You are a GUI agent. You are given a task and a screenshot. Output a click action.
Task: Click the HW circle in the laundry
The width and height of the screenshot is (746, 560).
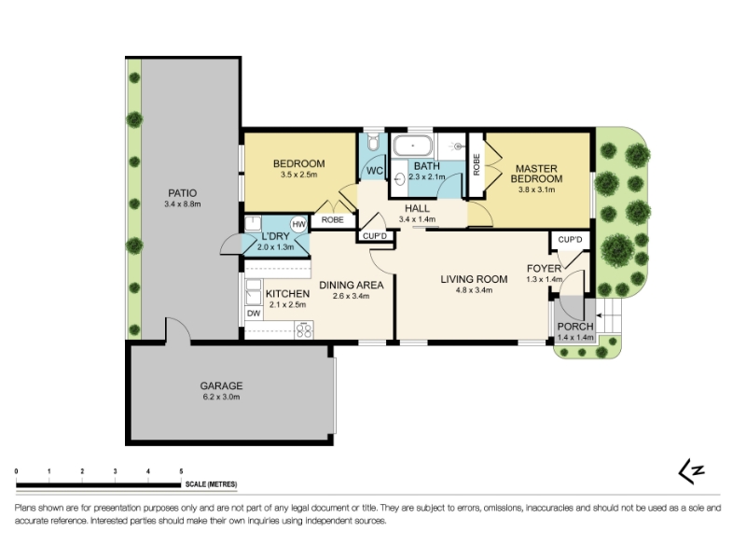[298, 224]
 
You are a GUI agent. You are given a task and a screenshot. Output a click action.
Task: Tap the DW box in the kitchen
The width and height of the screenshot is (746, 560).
[254, 314]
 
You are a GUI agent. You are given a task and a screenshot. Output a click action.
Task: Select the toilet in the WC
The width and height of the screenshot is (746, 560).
[373, 142]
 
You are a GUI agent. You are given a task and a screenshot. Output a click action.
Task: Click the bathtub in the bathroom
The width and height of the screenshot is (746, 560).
[412, 146]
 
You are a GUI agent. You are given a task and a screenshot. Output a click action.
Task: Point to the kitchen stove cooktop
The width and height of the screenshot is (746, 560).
[304, 330]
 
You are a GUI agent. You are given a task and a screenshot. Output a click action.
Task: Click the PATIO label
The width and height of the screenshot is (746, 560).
[182, 193]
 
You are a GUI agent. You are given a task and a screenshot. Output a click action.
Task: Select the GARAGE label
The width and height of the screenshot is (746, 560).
[221, 385]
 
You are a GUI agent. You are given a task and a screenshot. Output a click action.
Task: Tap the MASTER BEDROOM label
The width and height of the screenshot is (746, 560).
[537, 174]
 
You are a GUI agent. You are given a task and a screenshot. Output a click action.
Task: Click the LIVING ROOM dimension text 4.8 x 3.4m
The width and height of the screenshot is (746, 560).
[474, 290]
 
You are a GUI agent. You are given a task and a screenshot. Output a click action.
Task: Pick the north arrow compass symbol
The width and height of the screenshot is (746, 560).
[691, 471]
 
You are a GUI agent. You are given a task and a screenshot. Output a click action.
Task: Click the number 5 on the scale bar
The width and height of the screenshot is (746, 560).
[181, 471]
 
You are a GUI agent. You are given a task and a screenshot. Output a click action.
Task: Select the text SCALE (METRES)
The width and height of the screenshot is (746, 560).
[212, 484]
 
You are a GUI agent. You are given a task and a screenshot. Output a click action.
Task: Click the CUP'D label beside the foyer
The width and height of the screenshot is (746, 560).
[570, 239]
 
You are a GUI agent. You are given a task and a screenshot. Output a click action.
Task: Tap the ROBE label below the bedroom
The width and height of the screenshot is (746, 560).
[333, 220]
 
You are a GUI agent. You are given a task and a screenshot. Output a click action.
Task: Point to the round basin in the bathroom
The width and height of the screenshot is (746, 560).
[400, 178]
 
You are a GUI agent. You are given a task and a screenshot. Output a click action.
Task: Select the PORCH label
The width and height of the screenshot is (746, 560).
[575, 327]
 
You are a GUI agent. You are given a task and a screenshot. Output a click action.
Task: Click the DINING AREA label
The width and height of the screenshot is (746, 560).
[352, 286]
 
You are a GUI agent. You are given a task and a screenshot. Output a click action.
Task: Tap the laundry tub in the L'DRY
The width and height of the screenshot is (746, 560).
[253, 223]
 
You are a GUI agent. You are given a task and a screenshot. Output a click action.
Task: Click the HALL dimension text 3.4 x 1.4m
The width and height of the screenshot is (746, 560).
[417, 219]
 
